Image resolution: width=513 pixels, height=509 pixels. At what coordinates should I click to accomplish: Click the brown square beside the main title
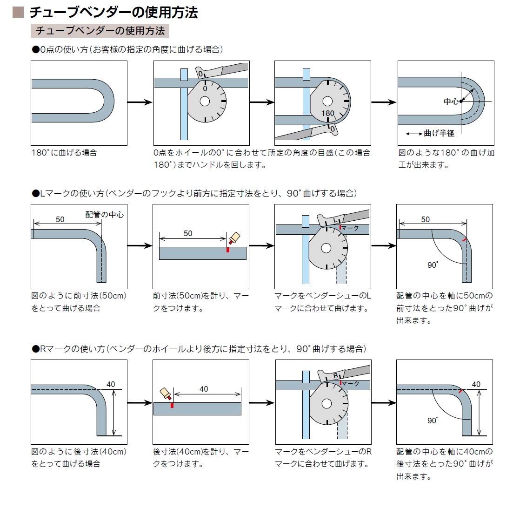(18, 12)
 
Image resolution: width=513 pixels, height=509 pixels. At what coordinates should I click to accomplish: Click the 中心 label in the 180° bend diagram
(451, 102)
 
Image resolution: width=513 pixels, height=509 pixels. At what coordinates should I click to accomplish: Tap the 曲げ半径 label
(439, 133)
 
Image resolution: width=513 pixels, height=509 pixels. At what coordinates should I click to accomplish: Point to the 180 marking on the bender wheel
(328, 113)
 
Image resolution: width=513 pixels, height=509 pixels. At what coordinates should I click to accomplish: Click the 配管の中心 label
(105, 215)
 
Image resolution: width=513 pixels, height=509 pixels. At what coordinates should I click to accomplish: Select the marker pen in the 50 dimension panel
(234, 238)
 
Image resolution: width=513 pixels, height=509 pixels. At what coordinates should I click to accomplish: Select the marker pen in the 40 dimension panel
(166, 394)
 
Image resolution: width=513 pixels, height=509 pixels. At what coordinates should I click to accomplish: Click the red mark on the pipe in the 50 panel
(228, 250)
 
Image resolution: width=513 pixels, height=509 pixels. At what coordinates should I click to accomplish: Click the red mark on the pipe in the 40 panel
(172, 405)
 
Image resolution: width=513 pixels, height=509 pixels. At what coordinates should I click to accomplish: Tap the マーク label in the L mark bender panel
(350, 228)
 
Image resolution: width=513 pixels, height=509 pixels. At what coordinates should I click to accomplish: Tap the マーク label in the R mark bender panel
(351, 384)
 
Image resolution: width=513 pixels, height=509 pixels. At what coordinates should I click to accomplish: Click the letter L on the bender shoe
(335, 220)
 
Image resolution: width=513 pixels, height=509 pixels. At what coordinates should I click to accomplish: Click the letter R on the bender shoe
(336, 376)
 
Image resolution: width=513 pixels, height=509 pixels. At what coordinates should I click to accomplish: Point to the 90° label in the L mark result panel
(433, 265)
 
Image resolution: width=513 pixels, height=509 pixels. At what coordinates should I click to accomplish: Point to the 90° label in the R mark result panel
(433, 420)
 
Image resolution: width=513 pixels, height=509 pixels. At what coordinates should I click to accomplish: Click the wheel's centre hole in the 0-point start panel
(205, 101)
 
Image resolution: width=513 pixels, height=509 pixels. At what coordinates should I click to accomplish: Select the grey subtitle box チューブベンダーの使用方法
(100, 31)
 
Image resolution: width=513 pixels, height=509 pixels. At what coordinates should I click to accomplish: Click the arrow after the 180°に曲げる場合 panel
(140, 102)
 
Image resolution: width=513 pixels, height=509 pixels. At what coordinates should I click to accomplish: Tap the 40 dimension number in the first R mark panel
(111, 384)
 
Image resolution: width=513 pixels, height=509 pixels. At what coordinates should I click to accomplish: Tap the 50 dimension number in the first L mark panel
(60, 219)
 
